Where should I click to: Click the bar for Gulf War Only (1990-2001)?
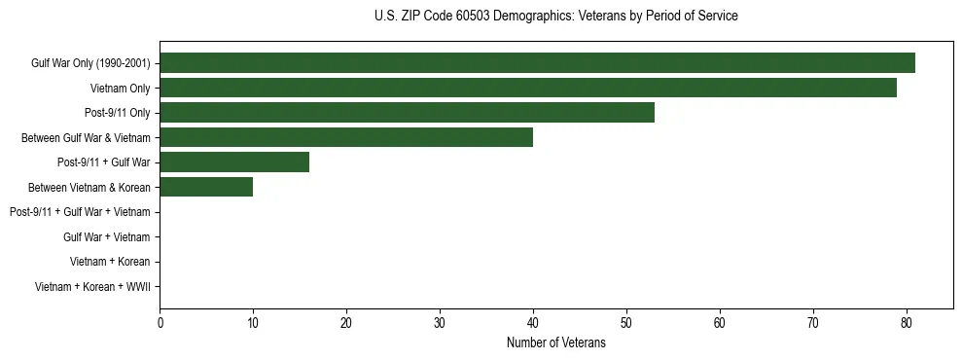537,63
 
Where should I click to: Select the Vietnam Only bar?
527,89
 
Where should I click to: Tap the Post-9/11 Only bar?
407,113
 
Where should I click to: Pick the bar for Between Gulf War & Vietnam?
345,137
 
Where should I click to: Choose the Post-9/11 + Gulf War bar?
233,162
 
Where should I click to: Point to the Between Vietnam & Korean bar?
206,187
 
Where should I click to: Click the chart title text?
555,17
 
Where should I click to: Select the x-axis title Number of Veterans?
555,342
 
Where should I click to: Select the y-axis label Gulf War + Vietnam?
106,237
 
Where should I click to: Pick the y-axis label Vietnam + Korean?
110,262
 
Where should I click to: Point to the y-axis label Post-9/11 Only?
117,113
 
